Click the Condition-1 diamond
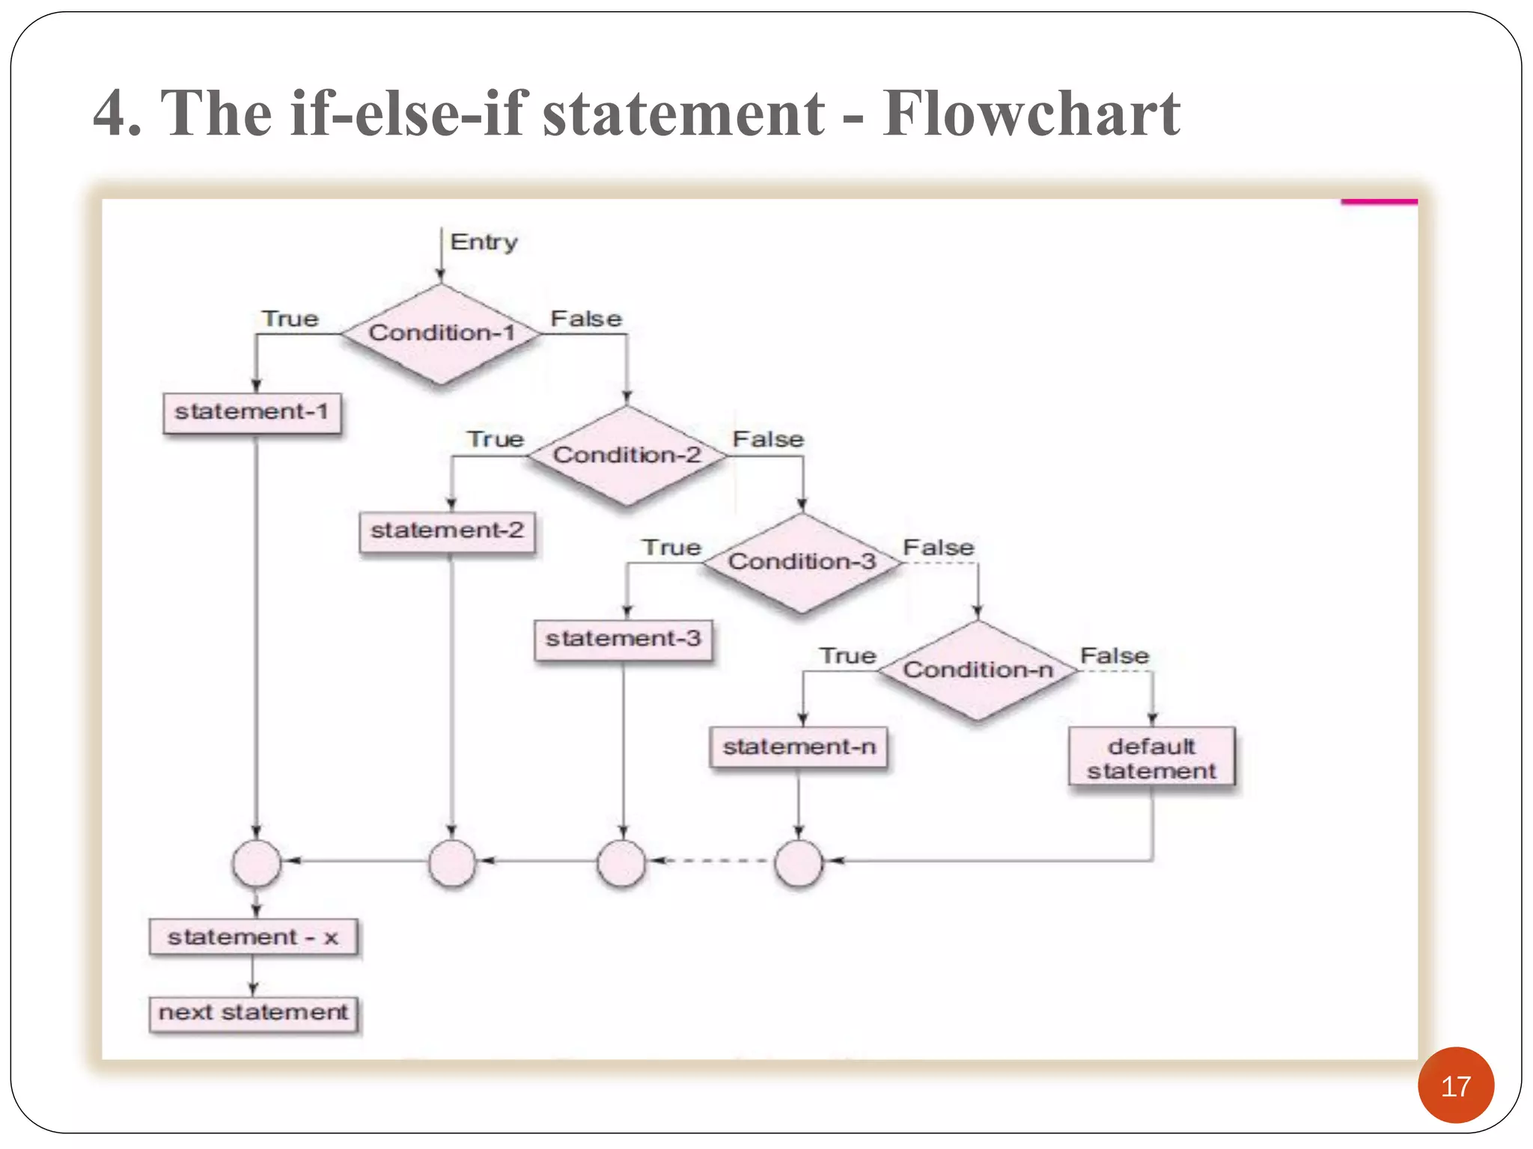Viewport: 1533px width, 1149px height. (x=442, y=333)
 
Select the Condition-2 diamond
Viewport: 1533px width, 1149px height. (x=627, y=455)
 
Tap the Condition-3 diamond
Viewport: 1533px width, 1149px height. (x=802, y=562)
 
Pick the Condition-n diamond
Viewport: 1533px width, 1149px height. (x=978, y=670)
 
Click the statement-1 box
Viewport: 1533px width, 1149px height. (x=252, y=412)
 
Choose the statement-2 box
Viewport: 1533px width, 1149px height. (x=448, y=531)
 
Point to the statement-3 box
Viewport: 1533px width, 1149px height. (x=624, y=639)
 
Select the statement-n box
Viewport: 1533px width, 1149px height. (x=799, y=747)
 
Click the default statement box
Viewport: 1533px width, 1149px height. (x=1151, y=758)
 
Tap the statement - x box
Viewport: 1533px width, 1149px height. (x=253, y=937)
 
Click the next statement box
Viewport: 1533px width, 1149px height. (x=253, y=1013)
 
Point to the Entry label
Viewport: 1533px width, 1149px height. (x=484, y=242)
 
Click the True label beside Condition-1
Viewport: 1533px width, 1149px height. (x=290, y=319)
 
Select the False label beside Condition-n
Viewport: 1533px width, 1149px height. (x=1114, y=656)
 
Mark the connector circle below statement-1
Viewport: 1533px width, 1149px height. (x=256, y=862)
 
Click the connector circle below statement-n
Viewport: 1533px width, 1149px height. (x=799, y=862)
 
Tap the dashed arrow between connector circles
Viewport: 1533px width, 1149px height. (x=710, y=861)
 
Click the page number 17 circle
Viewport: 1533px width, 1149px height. (x=1455, y=1085)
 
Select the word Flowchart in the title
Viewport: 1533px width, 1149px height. (x=1031, y=114)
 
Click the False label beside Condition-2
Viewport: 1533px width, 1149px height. (x=768, y=439)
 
